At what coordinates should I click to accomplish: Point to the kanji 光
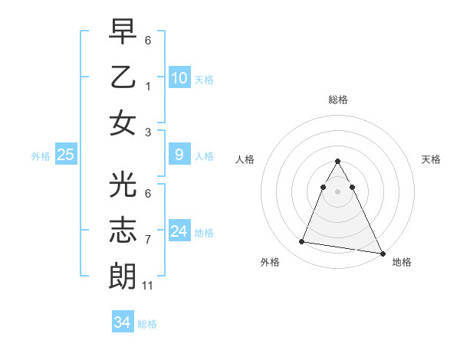point(123,185)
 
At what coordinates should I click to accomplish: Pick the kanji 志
point(123,230)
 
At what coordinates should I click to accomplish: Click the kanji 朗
point(123,276)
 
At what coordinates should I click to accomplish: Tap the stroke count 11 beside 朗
point(148,286)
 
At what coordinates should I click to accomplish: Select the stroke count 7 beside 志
point(148,240)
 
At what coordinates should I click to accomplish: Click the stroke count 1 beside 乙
point(148,86)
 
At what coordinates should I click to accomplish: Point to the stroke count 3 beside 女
point(148,132)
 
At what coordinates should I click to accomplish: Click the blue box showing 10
point(179,77)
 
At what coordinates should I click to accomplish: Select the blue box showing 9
point(179,155)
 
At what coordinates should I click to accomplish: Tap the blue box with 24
point(179,231)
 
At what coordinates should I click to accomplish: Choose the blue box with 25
point(66,155)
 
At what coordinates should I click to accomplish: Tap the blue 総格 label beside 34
point(147,324)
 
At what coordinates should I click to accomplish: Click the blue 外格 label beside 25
point(41,156)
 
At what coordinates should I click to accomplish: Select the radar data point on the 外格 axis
point(301,242)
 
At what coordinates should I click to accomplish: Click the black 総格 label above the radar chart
point(337,100)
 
